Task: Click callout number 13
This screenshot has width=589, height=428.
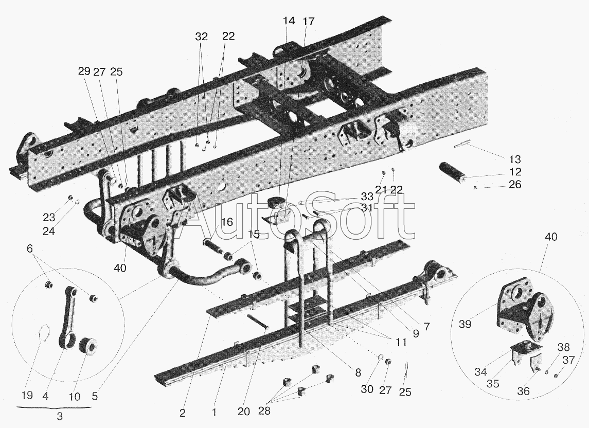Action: (x=515, y=159)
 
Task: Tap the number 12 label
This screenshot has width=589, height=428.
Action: (x=515, y=172)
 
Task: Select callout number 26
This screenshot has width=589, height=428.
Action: (x=515, y=185)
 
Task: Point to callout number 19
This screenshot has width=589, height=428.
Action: (x=27, y=396)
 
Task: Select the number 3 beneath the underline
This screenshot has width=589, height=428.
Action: (x=60, y=416)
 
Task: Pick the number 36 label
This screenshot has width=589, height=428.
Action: (x=523, y=391)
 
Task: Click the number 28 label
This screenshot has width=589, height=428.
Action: (x=264, y=411)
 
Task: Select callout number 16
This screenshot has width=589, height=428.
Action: (x=227, y=222)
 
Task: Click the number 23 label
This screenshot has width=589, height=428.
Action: (x=49, y=217)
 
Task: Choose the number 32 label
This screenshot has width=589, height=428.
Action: (x=202, y=37)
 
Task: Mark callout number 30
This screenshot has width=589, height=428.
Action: (x=367, y=389)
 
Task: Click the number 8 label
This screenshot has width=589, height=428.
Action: (x=358, y=372)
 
